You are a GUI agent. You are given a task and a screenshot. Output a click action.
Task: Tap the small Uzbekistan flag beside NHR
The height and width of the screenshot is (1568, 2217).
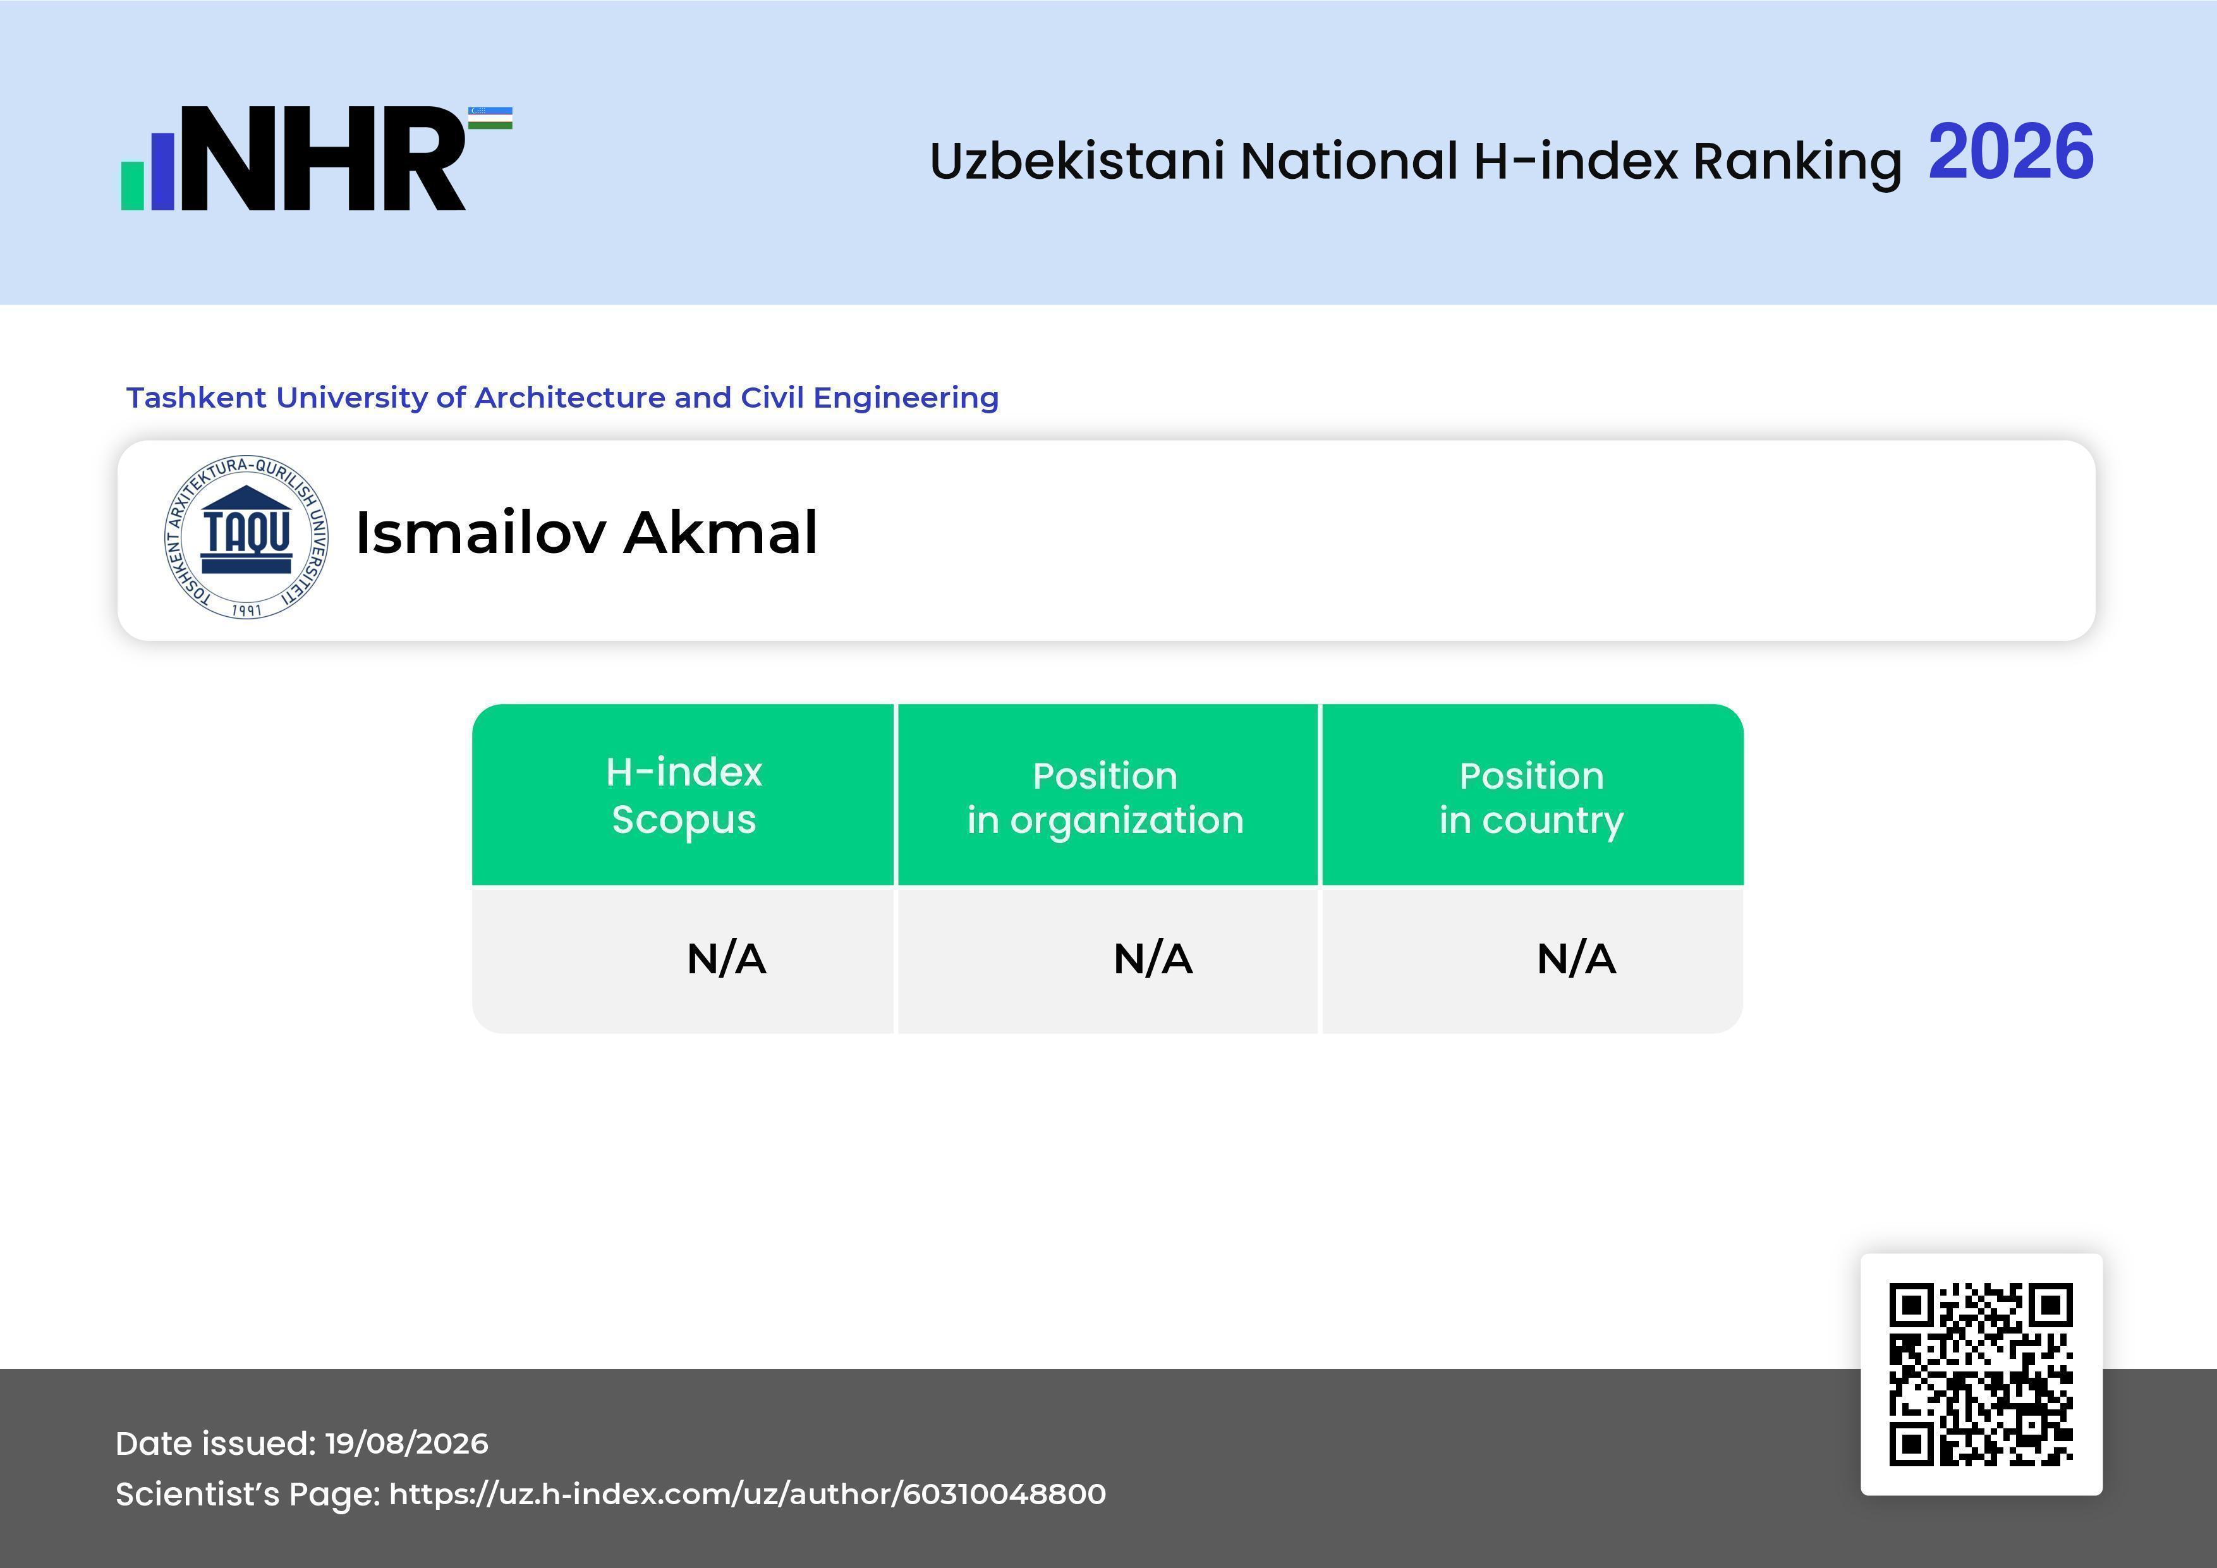tap(490, 118)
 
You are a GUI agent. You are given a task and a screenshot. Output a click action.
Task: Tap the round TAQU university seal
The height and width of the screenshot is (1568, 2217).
tap(246, 537)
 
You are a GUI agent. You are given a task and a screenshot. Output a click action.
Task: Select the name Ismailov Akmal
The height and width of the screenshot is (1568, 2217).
tap(586, 533)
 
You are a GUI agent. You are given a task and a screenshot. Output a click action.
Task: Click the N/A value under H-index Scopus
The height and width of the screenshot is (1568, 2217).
tap(726, 959)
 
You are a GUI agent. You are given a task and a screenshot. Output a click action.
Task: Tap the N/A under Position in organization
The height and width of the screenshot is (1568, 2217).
tap(1153, 959)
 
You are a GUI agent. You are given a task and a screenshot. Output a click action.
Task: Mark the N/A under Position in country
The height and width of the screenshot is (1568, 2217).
tap(1576, 959)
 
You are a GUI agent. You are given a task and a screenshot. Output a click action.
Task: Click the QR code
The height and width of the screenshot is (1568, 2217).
tap(1981, 1375)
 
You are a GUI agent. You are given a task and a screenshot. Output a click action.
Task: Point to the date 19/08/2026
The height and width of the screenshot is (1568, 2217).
tap(406, 1443)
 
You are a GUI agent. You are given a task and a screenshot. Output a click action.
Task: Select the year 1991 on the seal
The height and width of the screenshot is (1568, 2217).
tap(246, 611)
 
